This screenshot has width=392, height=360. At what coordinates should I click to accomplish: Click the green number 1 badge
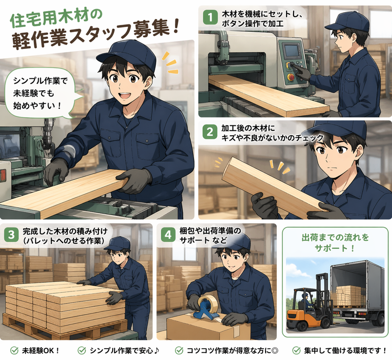click(210, 18)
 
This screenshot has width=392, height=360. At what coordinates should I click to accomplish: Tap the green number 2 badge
click(210, 132)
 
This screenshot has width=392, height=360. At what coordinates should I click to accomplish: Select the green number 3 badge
click(11, 235)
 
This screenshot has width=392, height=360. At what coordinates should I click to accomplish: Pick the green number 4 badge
click(168, 235)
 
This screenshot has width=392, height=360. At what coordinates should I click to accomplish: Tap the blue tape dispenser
click(205, 307)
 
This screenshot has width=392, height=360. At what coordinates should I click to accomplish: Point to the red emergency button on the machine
click(291, 77)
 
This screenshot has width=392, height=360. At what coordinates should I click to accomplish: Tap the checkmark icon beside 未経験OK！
click(15, 351)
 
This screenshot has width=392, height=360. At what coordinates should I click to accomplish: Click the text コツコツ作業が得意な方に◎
click(232, 351)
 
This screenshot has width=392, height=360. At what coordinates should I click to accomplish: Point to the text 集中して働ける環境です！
click(345, 351)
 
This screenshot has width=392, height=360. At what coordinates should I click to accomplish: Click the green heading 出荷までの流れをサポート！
click(335, 242)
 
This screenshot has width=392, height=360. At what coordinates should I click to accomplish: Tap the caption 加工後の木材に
click(248, 128)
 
